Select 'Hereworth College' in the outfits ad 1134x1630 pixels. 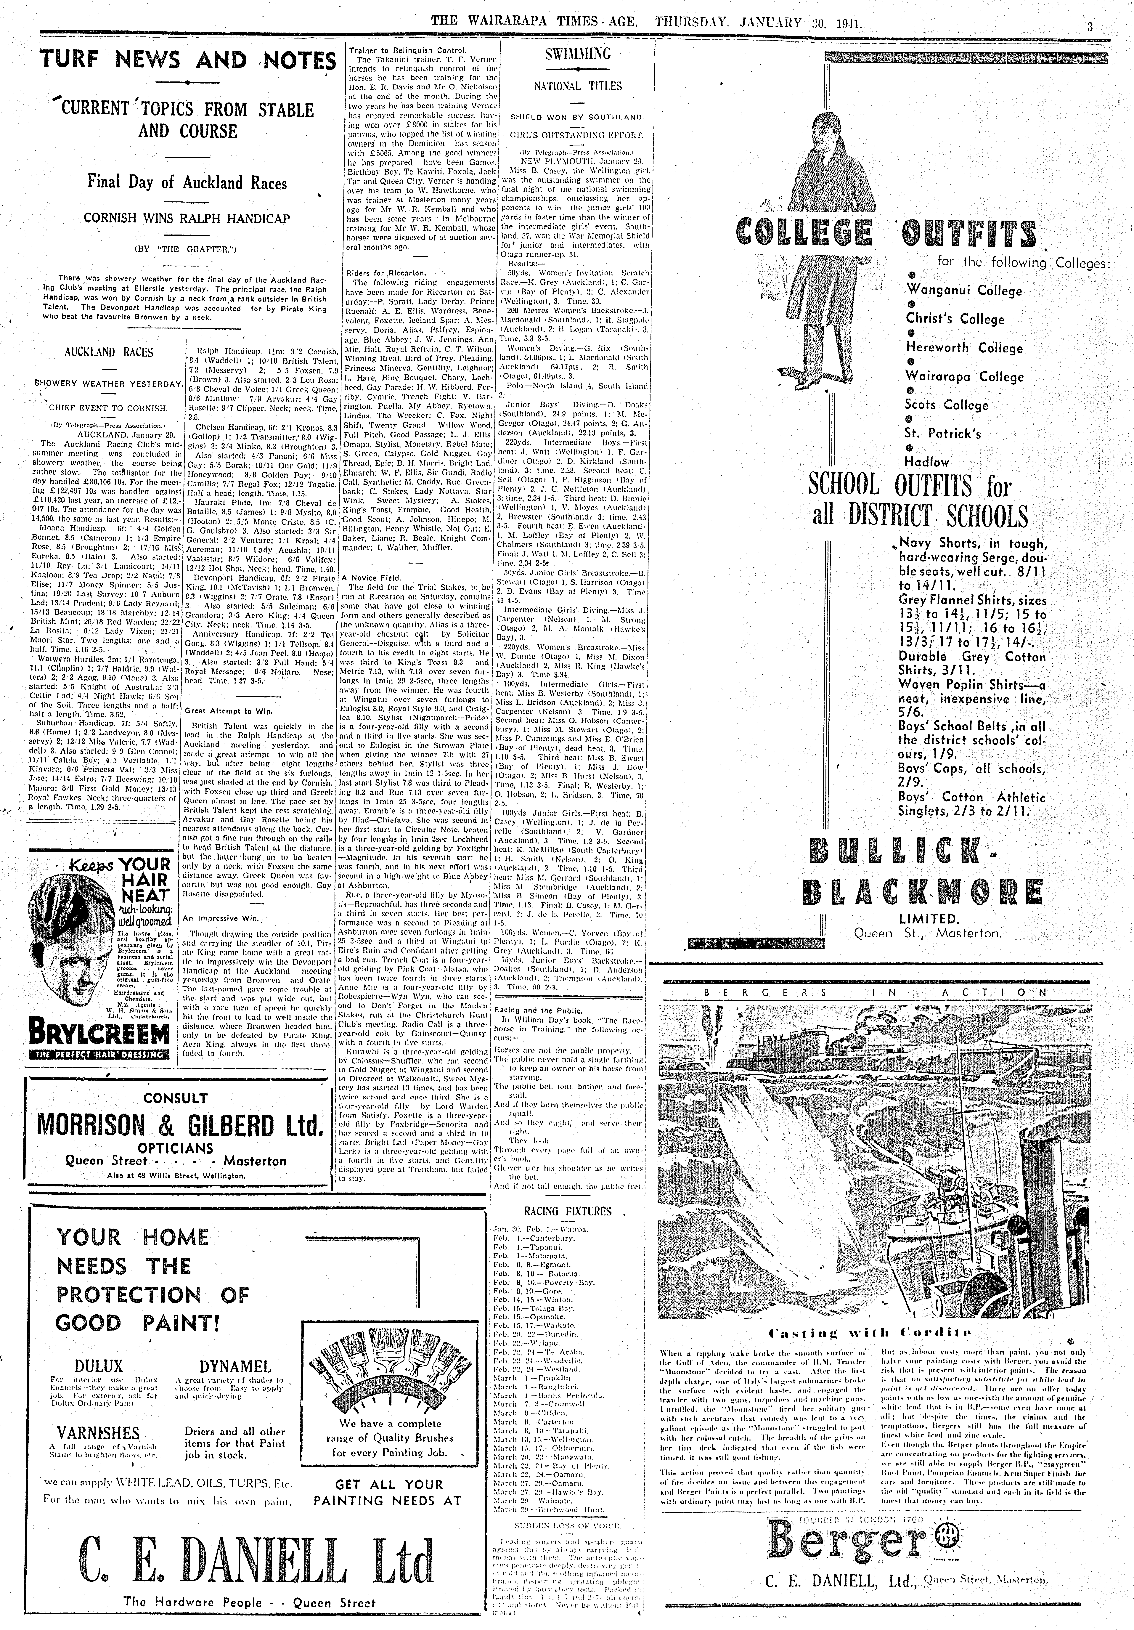(964, 348)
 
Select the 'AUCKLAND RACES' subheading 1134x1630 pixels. (109, 352)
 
